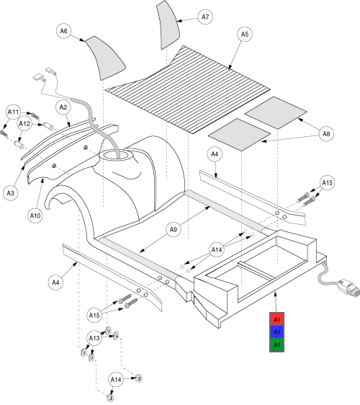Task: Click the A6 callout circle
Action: point(64,31)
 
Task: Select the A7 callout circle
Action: point(205,17)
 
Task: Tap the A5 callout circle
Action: point(245,35)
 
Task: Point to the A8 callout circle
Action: point(326,134)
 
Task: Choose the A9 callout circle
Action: point(174,229)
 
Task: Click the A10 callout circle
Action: point(35,215)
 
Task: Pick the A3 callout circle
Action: point(11,193)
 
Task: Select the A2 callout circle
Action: point(63,107)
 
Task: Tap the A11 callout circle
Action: point(13,112)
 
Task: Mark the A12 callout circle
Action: point(24,124)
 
